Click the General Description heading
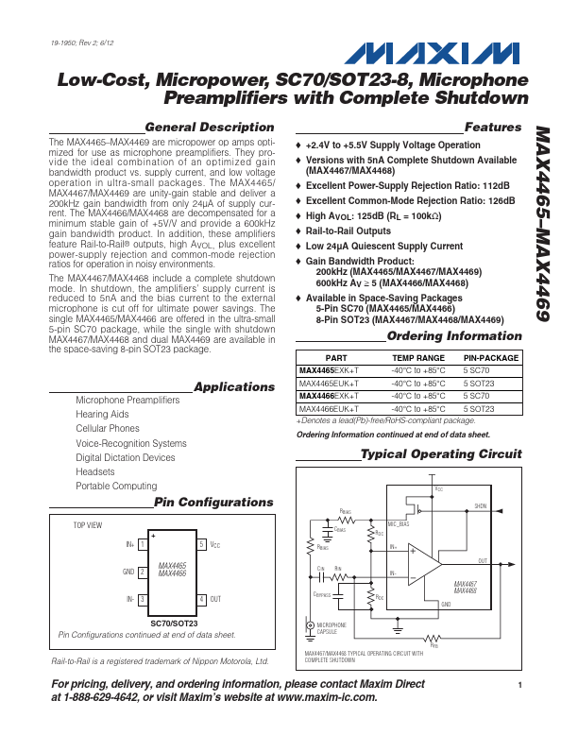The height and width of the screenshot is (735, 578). (209, 128)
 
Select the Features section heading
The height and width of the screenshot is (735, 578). (492, 128)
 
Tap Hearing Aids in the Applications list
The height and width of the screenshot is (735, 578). (102, 415)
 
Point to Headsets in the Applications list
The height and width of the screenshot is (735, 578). (95, 471)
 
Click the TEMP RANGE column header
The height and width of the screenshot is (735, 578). (417, 359)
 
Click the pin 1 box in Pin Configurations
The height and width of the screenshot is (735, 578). (142, 544)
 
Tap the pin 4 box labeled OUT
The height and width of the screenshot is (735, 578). (201, 599)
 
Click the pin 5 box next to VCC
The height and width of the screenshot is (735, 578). (201, 544)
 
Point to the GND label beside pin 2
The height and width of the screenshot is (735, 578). (127, 572)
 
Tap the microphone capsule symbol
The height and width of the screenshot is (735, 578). (310, 625)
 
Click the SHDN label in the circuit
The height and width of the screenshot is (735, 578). (481, 506)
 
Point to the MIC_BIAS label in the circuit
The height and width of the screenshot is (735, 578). (399, 522)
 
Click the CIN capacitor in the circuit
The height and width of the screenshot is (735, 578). (322, 573)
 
